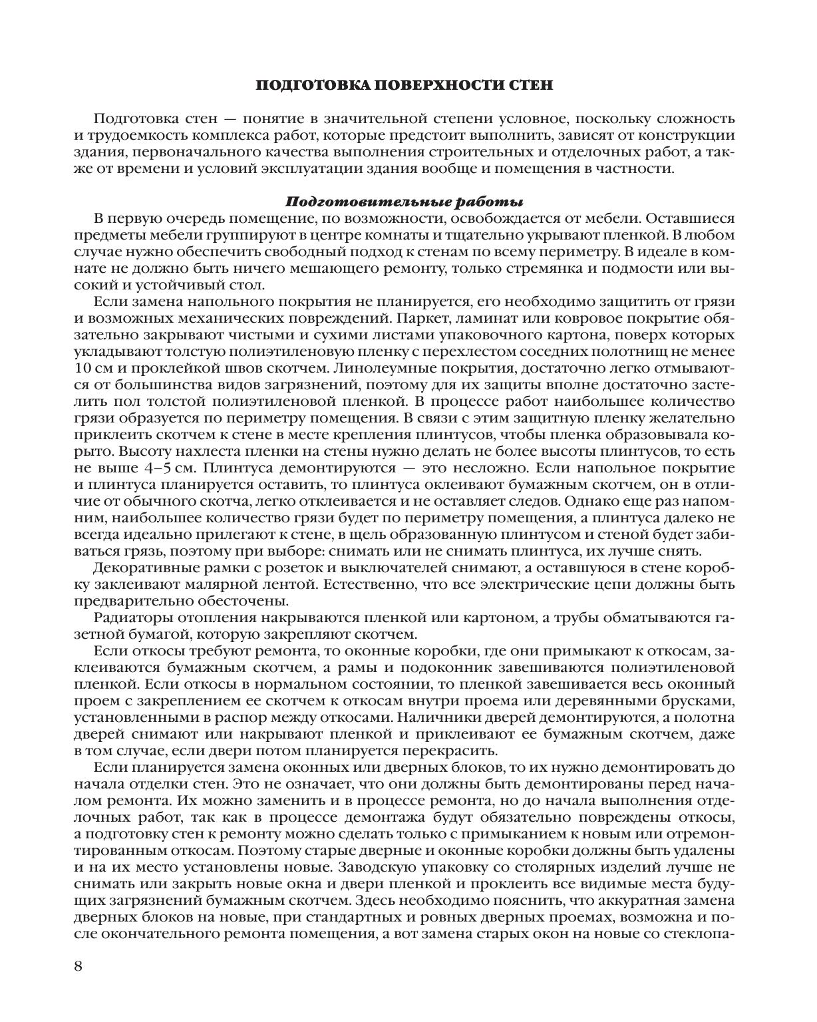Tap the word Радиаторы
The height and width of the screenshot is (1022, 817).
pyautogui.click(x=133, y=617)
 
